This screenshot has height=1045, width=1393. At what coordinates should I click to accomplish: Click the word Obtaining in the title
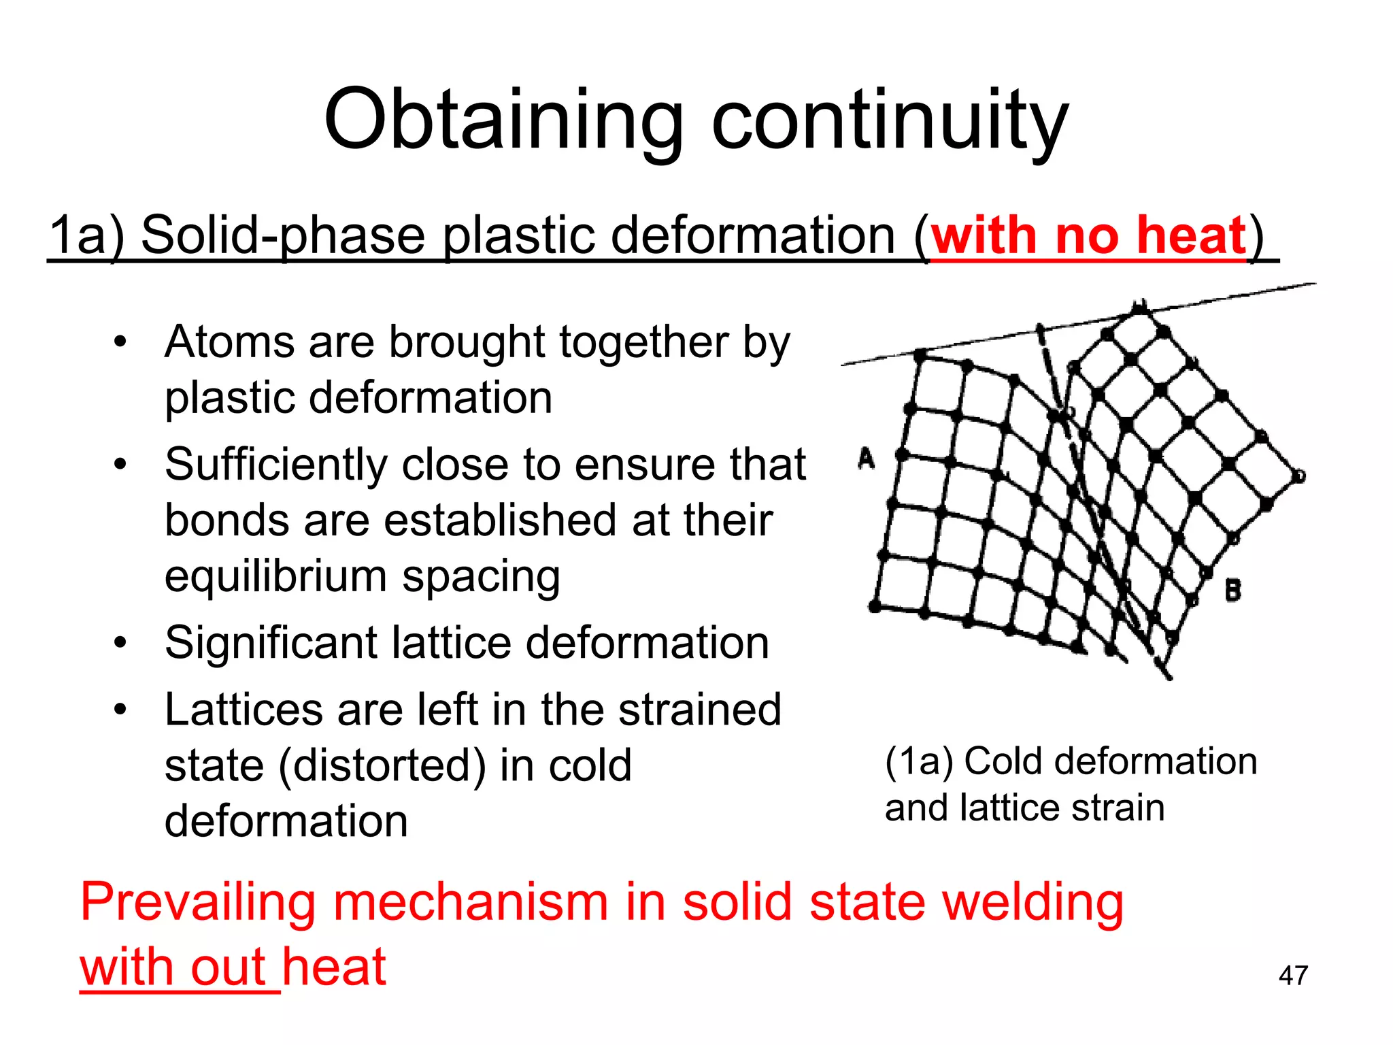click(x=503, y=121)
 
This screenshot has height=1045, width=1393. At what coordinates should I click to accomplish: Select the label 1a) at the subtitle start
click(x=86, y=236)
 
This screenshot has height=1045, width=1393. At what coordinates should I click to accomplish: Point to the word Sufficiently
click(x=275, y=465)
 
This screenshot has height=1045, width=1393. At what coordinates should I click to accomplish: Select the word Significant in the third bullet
click(x=271, y=643)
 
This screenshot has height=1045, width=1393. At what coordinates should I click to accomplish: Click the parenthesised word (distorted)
click(x=382, y=766)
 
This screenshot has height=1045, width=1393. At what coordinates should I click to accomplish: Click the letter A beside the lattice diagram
click(x=866, y=459)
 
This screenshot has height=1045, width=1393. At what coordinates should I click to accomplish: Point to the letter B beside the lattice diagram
click(x=1232, y=590)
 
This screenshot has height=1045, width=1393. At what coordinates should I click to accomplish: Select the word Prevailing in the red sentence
click(x=198, y=903)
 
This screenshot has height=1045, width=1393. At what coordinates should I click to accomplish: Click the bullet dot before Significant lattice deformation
click(x=120, y=643)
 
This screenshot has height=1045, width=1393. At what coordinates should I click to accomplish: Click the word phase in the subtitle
click(x=352, y=236)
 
